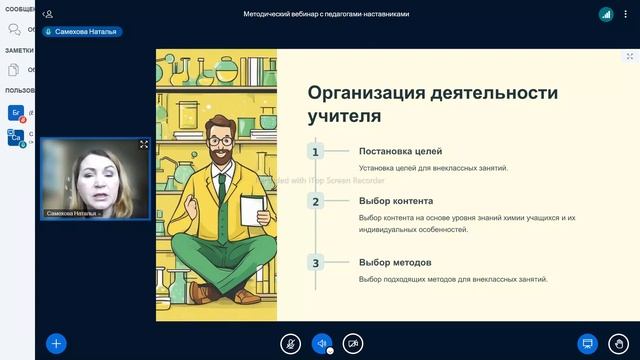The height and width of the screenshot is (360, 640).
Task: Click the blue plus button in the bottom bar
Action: pos(56,343)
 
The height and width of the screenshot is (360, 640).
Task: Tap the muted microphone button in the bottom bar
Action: pos(290,343)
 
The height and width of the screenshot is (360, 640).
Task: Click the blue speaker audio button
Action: pos(321,343)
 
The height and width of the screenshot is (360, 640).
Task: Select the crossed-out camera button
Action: pos(353,343)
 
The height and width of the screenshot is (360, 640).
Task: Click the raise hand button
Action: pos(619,343)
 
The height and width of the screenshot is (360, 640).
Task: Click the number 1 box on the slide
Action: pos(315,152)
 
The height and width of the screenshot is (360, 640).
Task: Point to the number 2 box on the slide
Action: pos(315,201)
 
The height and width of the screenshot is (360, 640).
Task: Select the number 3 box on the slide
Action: pos(315,263)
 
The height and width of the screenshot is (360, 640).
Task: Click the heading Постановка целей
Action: pos(400,151)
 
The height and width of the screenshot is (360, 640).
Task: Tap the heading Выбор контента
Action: pos(395,201)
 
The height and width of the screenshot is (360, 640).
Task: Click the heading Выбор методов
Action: pos(395,263)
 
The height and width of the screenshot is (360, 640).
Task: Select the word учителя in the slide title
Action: pos(344,116)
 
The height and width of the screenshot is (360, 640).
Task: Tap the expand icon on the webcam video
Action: pos(144,145)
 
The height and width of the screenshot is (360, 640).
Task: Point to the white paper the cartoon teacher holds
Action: pos(254,209)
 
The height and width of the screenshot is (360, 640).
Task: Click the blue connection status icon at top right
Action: pos(606,14)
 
